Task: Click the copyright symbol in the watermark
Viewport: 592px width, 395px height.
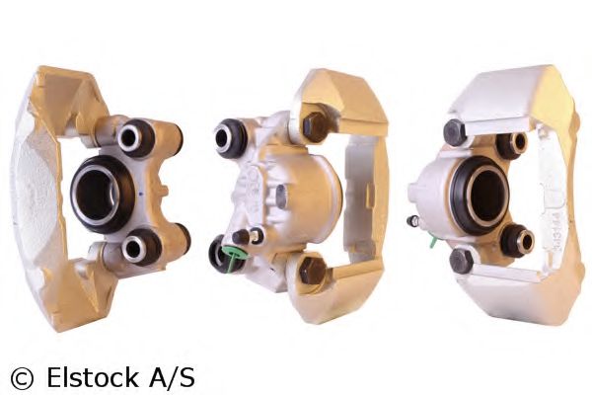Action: coord(22,378)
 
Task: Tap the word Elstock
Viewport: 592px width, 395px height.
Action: coord(92,376)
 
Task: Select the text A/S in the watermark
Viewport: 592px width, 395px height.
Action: coord(172,376)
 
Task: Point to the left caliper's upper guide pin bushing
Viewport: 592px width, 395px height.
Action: coord(135,138)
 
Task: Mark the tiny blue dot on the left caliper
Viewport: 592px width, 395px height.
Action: coord(141,194)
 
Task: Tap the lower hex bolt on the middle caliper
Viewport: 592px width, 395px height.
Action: coord(312,270)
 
